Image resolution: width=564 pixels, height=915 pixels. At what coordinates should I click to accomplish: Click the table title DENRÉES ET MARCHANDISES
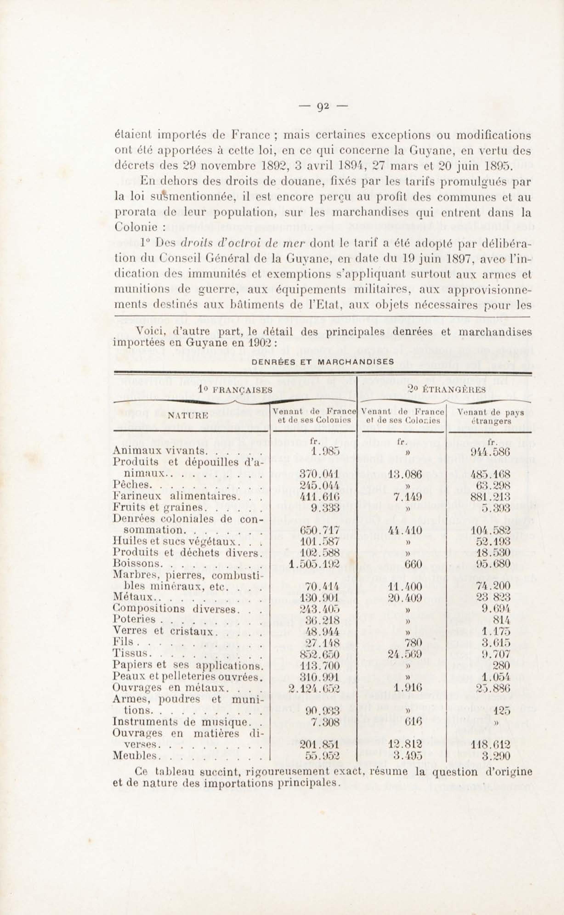[323, 362]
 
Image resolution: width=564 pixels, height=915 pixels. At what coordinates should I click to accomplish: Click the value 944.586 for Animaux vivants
[490, 451]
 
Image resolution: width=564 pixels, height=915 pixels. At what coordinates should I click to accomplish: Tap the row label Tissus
[132, 654]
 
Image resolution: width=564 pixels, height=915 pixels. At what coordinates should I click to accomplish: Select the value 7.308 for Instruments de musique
[325, 722]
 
